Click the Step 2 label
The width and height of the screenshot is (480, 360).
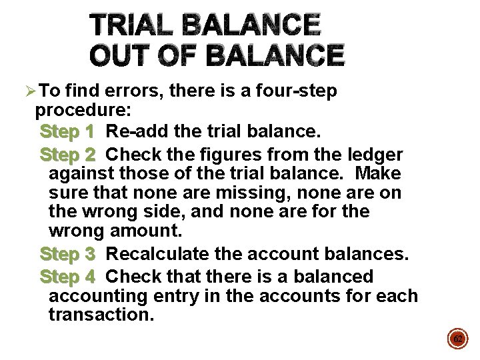(67, 155)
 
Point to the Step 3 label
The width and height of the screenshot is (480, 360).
(67, 255)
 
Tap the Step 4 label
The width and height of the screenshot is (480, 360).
(67, 277)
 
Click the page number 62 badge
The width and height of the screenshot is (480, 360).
(457, 339)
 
